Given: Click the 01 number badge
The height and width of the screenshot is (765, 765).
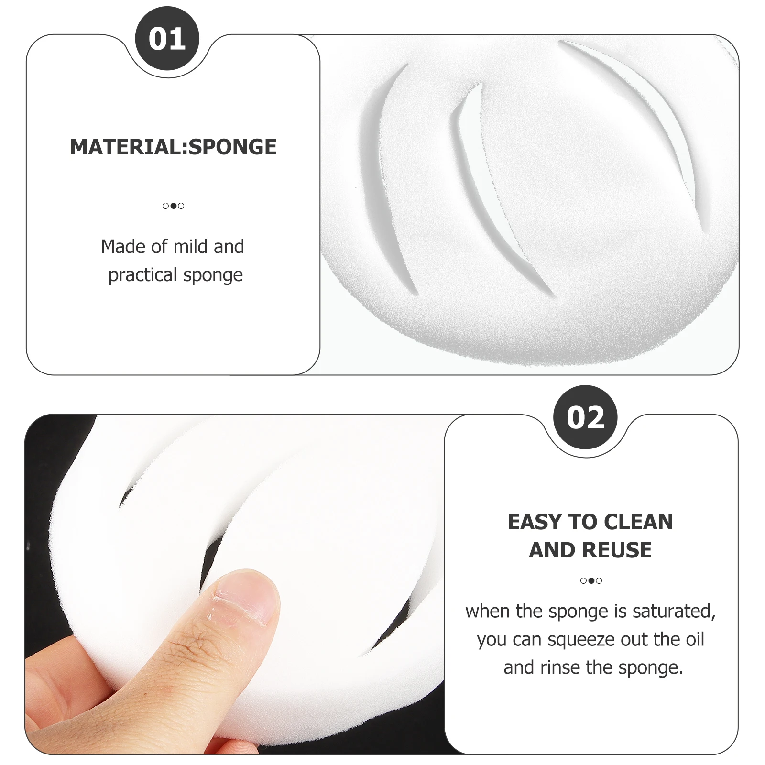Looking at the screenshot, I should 167,39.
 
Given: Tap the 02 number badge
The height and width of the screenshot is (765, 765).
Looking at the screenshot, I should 585,417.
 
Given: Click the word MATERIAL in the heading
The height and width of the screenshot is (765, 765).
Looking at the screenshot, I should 126,147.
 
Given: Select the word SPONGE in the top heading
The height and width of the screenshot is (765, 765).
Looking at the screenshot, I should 232,147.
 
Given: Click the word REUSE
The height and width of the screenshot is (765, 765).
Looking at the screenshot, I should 617,550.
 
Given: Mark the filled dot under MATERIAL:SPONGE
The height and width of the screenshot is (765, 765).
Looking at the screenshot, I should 173,206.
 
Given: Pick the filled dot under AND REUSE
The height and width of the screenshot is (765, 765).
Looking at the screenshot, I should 591,581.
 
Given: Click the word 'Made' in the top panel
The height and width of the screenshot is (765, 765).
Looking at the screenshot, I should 122,247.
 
